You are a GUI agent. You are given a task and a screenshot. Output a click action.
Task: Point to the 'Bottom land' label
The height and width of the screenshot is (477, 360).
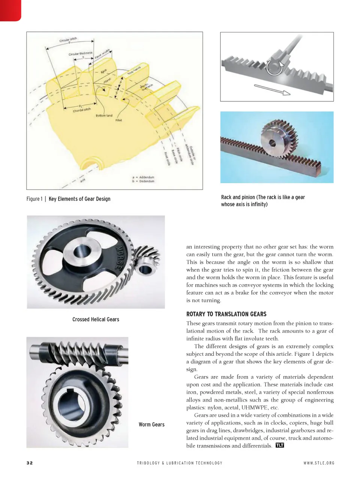pyautogui.click(x=104, y=116)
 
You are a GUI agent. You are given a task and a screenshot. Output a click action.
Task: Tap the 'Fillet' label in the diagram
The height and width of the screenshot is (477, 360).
pyautogui.click(x=118, y=120)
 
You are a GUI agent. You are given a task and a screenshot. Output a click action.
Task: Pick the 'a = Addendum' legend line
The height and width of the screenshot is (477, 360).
pyautogui.click(x=143, y=177)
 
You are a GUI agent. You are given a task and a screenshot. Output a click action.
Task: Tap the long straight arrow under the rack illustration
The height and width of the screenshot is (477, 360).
pyautogui.click(x=272, y=90)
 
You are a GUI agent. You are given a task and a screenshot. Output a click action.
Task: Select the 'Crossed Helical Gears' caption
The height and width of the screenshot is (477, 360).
pyautogui.click(x=96, y=319)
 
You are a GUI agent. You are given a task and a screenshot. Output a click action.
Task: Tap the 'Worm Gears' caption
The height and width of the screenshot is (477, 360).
pyautogui.click(x=151, y=424)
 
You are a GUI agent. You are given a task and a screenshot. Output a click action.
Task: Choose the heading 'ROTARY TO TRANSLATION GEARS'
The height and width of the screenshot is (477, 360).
pyautogui.click(x=226, y=314)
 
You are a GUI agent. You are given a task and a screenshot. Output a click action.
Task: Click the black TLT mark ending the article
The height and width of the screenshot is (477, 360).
pyautogui.click(x=280, y=445)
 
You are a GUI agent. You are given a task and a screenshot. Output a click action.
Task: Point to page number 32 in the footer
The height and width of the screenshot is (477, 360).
pyautogui.click(x=30, y=463)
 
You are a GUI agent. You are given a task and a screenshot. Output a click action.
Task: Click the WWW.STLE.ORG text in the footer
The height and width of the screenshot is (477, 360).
pyautogui.click(x=319, y=463)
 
